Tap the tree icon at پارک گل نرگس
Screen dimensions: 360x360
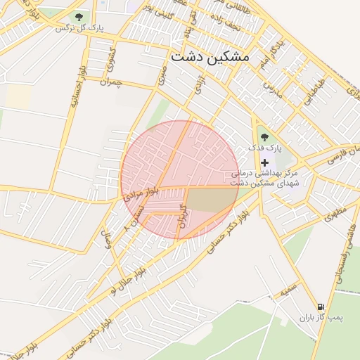tap(78, 16)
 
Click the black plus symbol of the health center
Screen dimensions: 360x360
tap(264, 162)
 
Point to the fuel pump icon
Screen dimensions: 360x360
tap(321, 307)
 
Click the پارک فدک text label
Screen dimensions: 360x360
tap(264, 149)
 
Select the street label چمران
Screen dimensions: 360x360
tap(111, 82)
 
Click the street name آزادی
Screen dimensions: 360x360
tap(198, 87)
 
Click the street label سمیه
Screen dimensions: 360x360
tap(288, 288)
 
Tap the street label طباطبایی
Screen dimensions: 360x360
tap(315, 91)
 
